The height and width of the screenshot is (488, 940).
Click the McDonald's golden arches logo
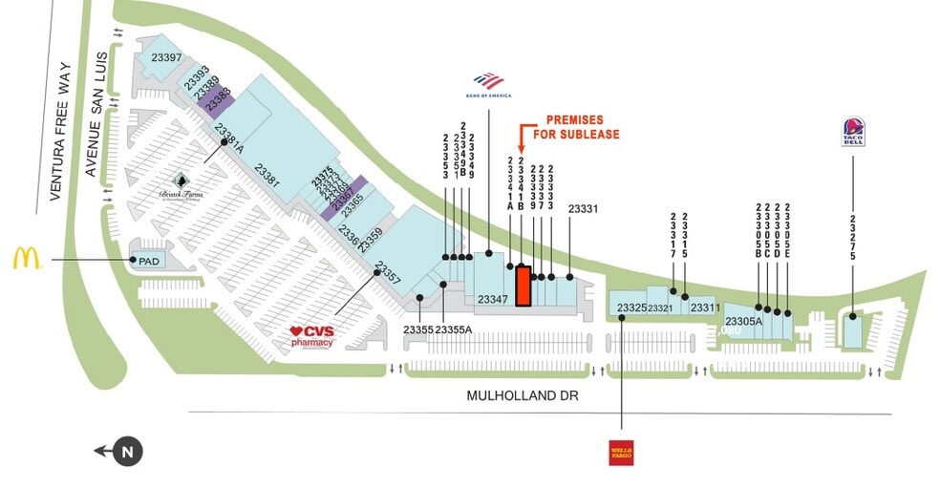(x=27, y=258)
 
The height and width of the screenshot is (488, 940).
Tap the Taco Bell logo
(x=853, y=132)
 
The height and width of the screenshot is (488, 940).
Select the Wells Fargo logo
(x=622, y=453)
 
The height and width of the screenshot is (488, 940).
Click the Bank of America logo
(x=488, y=85)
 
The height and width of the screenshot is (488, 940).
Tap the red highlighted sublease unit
(x=523, y=286)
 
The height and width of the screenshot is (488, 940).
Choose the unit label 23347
(x=493, y=299)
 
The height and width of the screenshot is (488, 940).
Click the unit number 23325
(x=631, y=308)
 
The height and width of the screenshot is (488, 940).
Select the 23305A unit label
(x=743, y=321)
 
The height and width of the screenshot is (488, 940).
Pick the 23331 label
(x=583, y=209)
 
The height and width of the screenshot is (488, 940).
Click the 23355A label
(x=455, y=329)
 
